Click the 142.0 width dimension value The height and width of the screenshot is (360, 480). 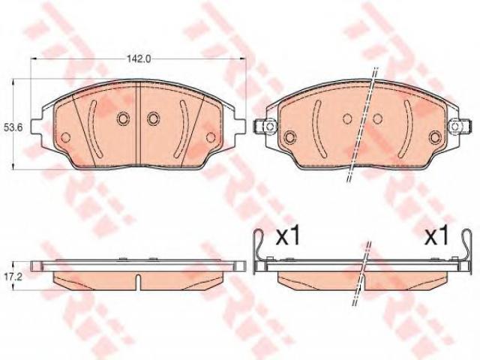click(x=139, y=58)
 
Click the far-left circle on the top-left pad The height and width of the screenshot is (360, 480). click(x=65, y=137)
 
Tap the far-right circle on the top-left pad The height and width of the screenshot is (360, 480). click(x=211, y=137)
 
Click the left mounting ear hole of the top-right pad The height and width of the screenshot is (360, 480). click(x=269, y=126)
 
